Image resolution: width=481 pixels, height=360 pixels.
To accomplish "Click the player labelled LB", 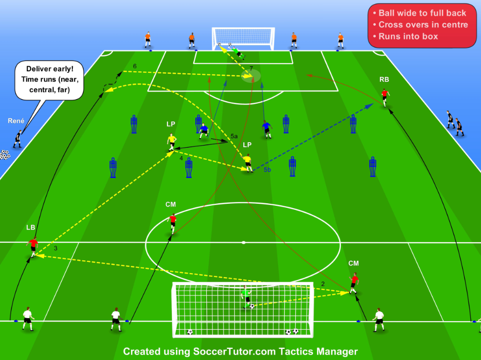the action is [x=32, y=247].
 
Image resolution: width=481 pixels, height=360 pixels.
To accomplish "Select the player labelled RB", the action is [x=385, y=98].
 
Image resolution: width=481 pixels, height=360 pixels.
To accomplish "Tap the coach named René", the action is [x=18, y=139].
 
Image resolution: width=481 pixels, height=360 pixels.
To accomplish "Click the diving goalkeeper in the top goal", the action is [x=237, y=52].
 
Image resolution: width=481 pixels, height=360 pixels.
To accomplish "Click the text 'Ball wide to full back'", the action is [x=422, y=13].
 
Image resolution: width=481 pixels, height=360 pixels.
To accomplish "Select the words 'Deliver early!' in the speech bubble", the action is [x=50, y=69].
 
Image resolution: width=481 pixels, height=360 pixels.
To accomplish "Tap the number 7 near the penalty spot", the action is [x=251, y=68].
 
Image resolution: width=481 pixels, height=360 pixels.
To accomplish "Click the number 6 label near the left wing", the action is [x=135, y=66].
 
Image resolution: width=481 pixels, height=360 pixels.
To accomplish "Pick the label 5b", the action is [x=267, y=169].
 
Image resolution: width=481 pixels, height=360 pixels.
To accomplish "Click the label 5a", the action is [x=234, y=136].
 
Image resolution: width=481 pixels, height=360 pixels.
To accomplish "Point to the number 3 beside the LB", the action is [x=56, y=248].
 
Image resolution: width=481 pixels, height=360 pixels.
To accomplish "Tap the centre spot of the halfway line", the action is [x=243, y=243].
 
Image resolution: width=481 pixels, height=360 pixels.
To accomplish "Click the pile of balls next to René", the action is [x=5, y=155].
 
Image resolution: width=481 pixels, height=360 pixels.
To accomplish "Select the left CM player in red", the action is [x=172, y=223].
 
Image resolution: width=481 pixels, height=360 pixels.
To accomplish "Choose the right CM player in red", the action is [x=354, y=283].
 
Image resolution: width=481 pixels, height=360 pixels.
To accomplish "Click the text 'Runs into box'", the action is [x=408, y=36].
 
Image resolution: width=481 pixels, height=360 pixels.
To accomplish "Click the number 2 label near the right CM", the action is [x=323, y=284].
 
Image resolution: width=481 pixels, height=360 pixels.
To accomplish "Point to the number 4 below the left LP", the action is [x=181, y=158].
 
